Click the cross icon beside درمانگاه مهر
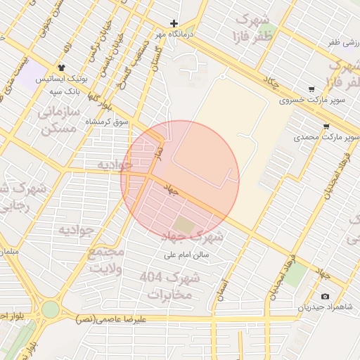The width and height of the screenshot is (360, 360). (174, 23)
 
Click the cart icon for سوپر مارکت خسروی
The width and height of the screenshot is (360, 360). (311, 89)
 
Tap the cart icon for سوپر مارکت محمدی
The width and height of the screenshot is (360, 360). (326, 127)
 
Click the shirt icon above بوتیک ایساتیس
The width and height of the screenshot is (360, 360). (62, 69)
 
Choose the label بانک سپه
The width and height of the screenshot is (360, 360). (62, 91)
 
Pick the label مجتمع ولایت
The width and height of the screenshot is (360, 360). (105, 259)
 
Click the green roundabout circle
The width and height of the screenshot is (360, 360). (50, 309)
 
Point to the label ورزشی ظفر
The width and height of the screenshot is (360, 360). (342, 43)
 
